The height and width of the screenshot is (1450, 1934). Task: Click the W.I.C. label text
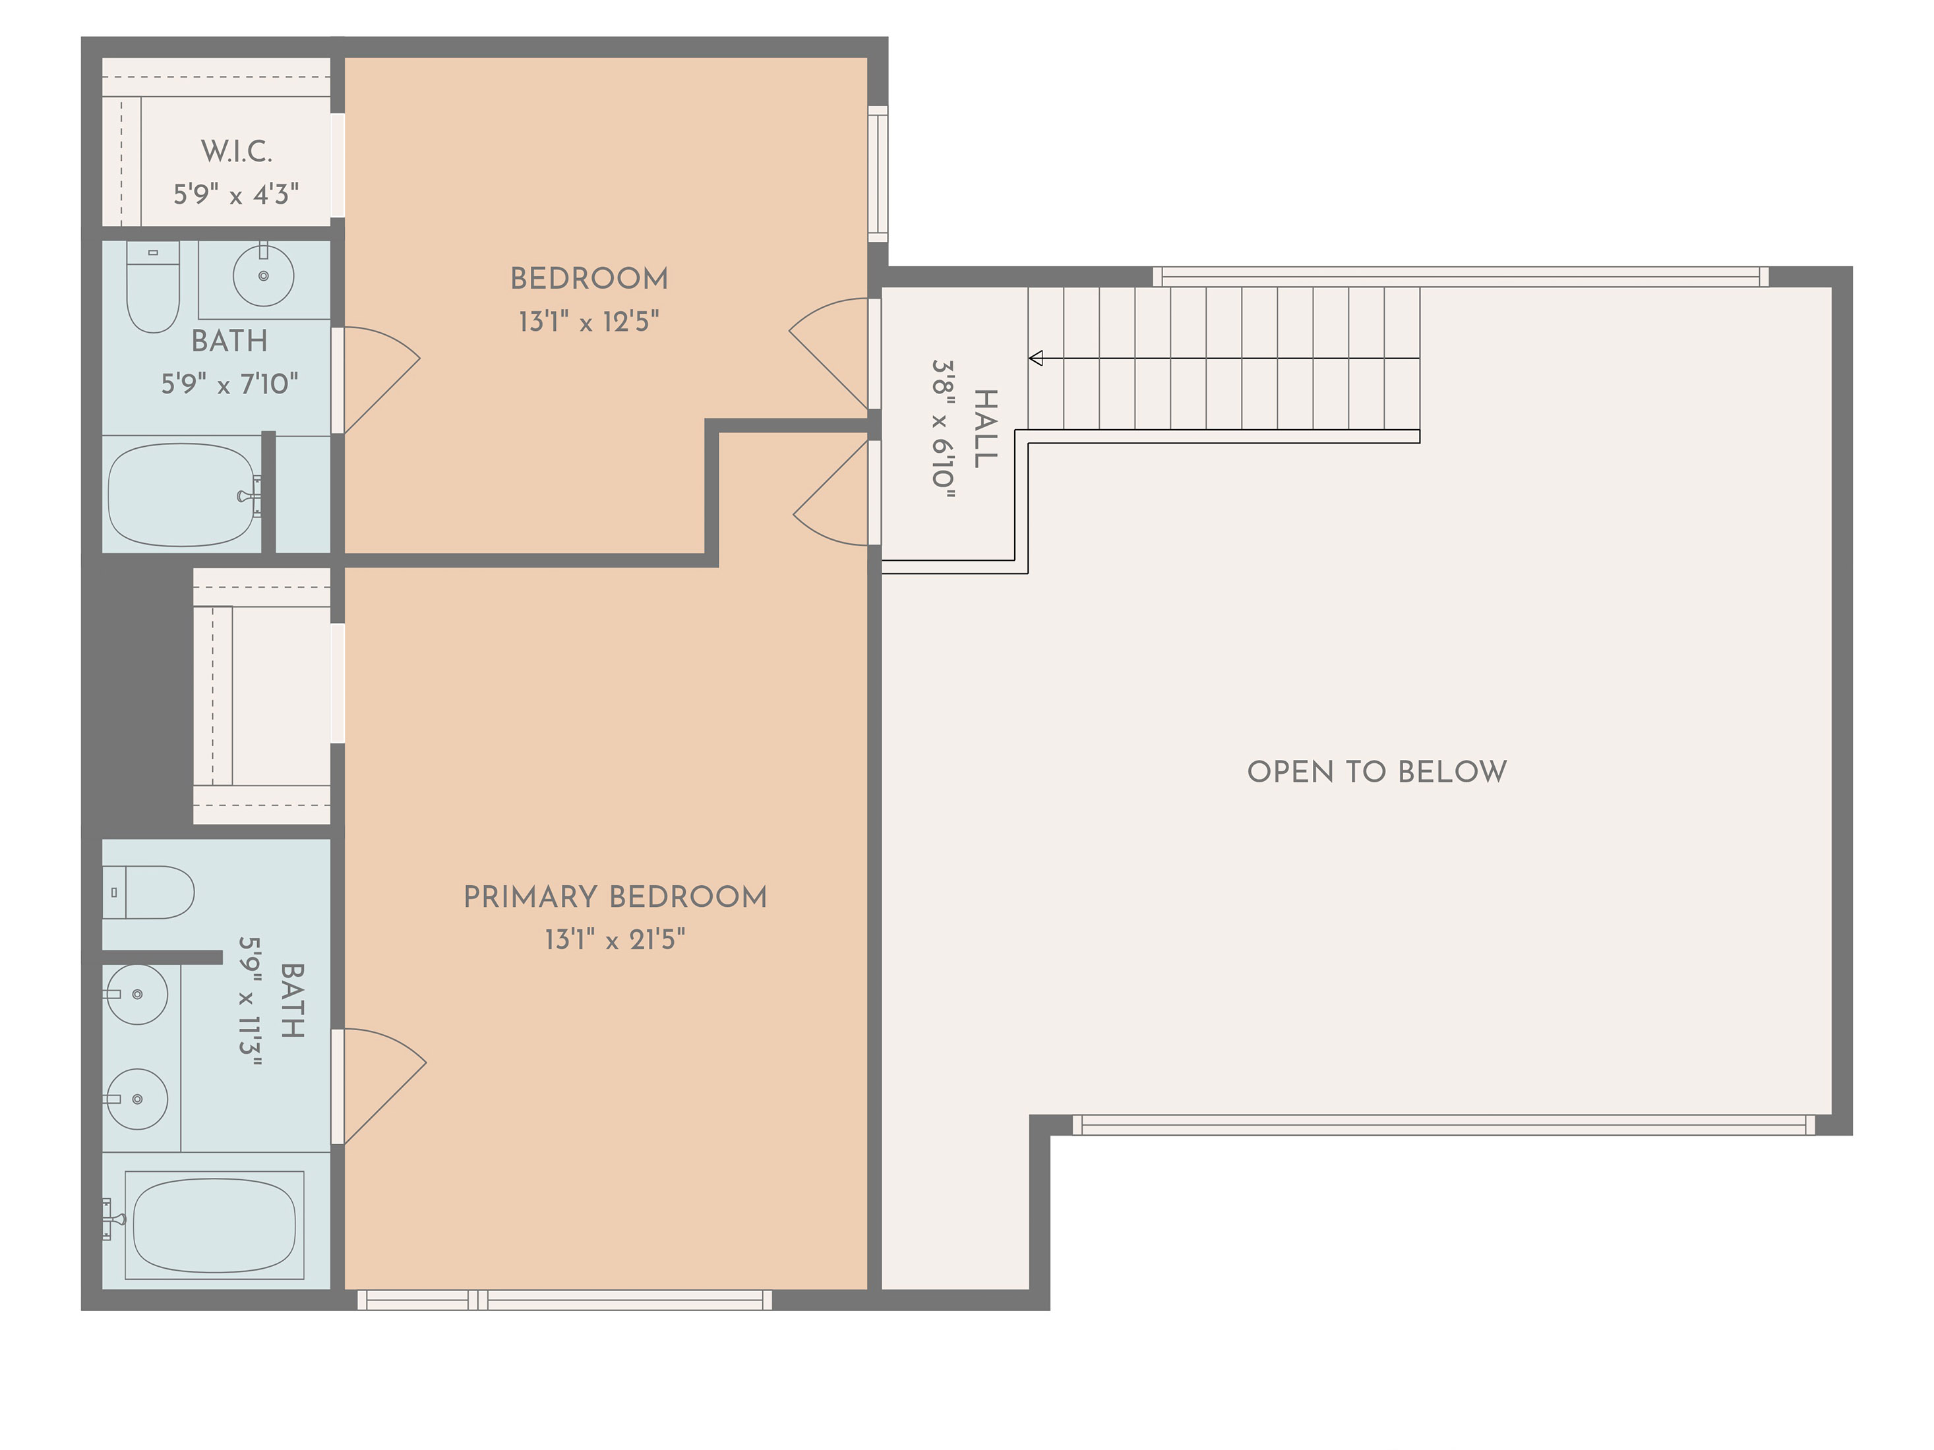point(236,151)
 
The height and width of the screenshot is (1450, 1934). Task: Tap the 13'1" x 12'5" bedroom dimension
point(588,322)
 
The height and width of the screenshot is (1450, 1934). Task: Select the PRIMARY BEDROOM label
point(615,897)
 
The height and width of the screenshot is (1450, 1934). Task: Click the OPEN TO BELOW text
point(1376,772)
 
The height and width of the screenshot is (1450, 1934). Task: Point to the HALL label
point(984,428)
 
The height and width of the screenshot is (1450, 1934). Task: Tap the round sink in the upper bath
point(263,275)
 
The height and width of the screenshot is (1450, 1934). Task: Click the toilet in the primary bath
point(148,892)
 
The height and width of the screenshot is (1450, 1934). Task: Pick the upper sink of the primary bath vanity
point(137,995)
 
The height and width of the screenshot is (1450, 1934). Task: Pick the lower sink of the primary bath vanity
point(137,1099)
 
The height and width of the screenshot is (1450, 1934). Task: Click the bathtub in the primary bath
point(214,1225)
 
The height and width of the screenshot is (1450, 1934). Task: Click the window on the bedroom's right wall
point(878,174)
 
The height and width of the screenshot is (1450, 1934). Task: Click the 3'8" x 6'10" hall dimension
point(942,428)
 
